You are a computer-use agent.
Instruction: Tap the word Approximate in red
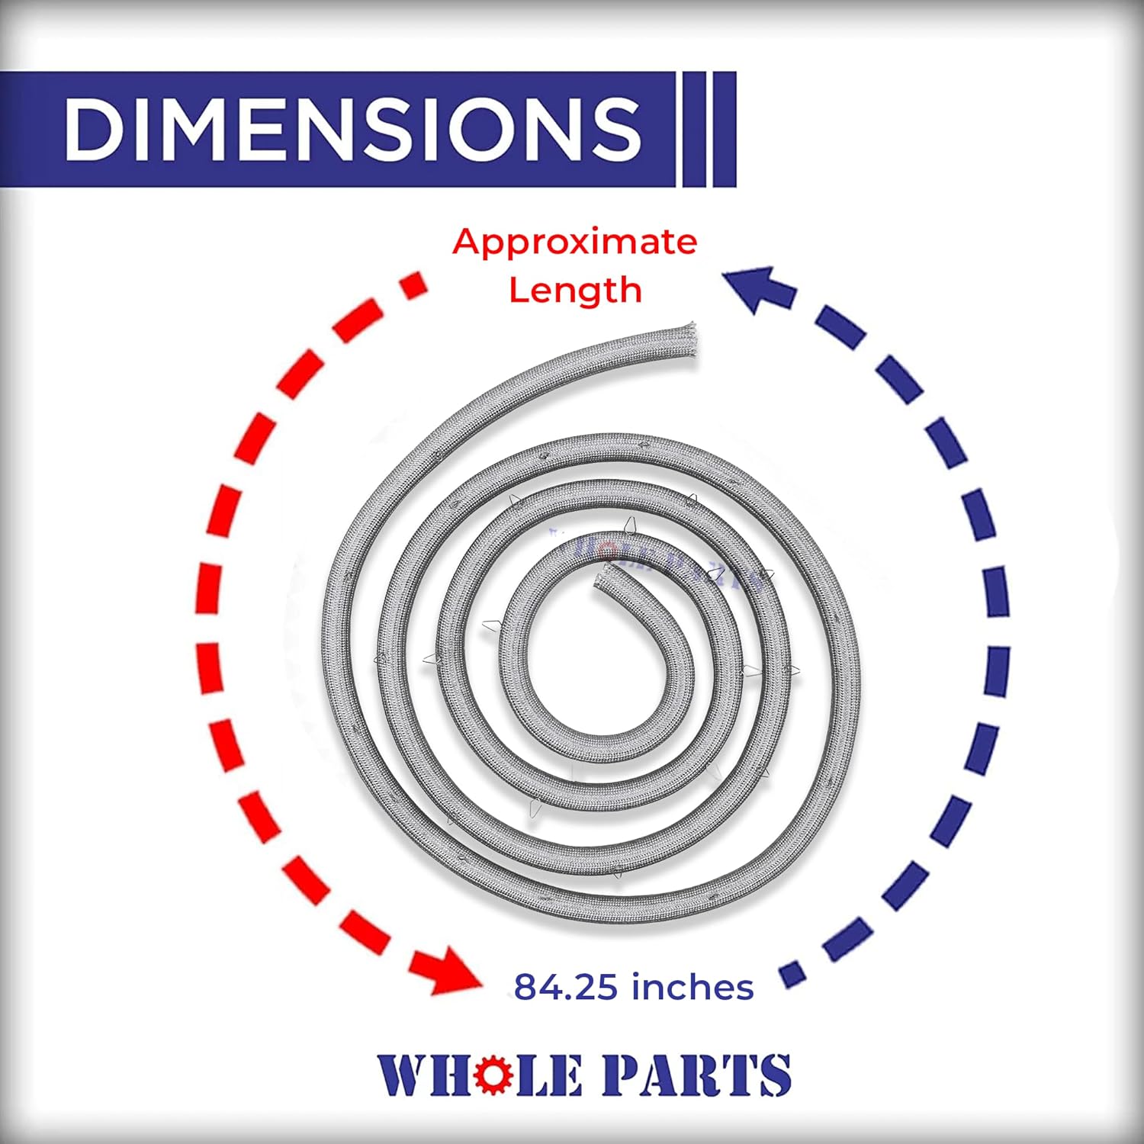[x=574, y=242]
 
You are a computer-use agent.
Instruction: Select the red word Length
[x=575, y=291]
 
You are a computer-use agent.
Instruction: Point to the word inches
[x=693, y=987]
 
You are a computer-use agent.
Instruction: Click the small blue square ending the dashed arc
[x=793, y=975]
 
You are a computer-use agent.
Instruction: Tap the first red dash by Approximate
[x=414, y=284]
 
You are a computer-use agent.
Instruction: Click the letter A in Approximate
[x=466, y=242]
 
